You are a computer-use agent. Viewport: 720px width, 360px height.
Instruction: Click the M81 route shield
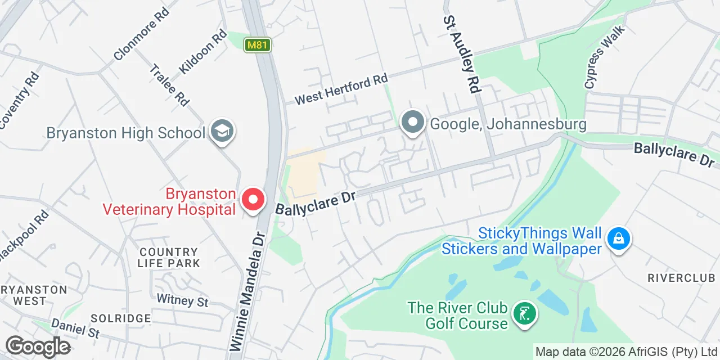click(258, 45)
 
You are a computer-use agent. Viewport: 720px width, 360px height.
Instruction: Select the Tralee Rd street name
click(169, 85)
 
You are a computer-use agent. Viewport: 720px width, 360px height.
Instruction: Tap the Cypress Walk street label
click(604, 57)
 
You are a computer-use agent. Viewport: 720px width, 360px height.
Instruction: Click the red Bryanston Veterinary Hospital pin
click(253, 200)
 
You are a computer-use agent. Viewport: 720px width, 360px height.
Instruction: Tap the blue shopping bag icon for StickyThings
click(618, 239)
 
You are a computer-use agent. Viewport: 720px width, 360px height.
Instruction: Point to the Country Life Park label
click(169, 258)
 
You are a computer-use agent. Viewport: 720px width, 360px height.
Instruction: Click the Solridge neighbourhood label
click(121, 318)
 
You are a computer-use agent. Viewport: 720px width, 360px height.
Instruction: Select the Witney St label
click(182, 300)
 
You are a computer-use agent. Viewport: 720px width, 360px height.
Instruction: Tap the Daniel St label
click(75, 328)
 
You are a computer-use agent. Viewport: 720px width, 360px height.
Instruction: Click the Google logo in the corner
click(38, 346)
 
